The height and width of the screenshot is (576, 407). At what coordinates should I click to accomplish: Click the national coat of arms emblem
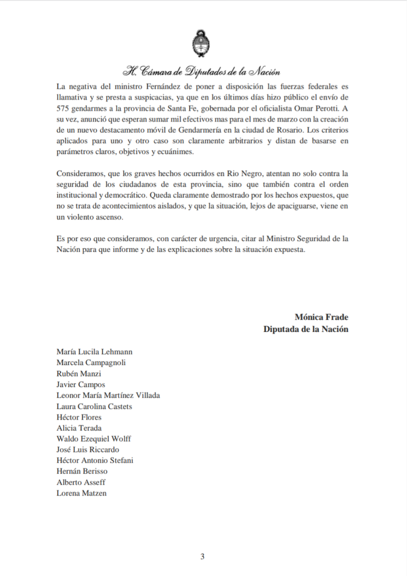(203, 44)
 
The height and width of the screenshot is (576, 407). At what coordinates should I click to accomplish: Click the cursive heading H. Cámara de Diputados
(203, 72)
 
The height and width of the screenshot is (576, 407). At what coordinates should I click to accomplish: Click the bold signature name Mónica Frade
(321, 317)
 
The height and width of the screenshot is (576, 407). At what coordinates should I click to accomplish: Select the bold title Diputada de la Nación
(306, 329)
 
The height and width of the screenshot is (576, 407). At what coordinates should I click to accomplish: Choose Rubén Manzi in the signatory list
(79, 373)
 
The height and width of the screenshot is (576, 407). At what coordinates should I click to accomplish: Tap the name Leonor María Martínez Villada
(108, 395)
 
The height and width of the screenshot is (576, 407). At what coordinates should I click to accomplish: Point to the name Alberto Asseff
(81, 482)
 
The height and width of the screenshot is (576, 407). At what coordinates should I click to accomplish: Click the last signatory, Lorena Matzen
(82, 493)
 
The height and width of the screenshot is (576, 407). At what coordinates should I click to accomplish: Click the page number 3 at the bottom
(203, 557)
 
